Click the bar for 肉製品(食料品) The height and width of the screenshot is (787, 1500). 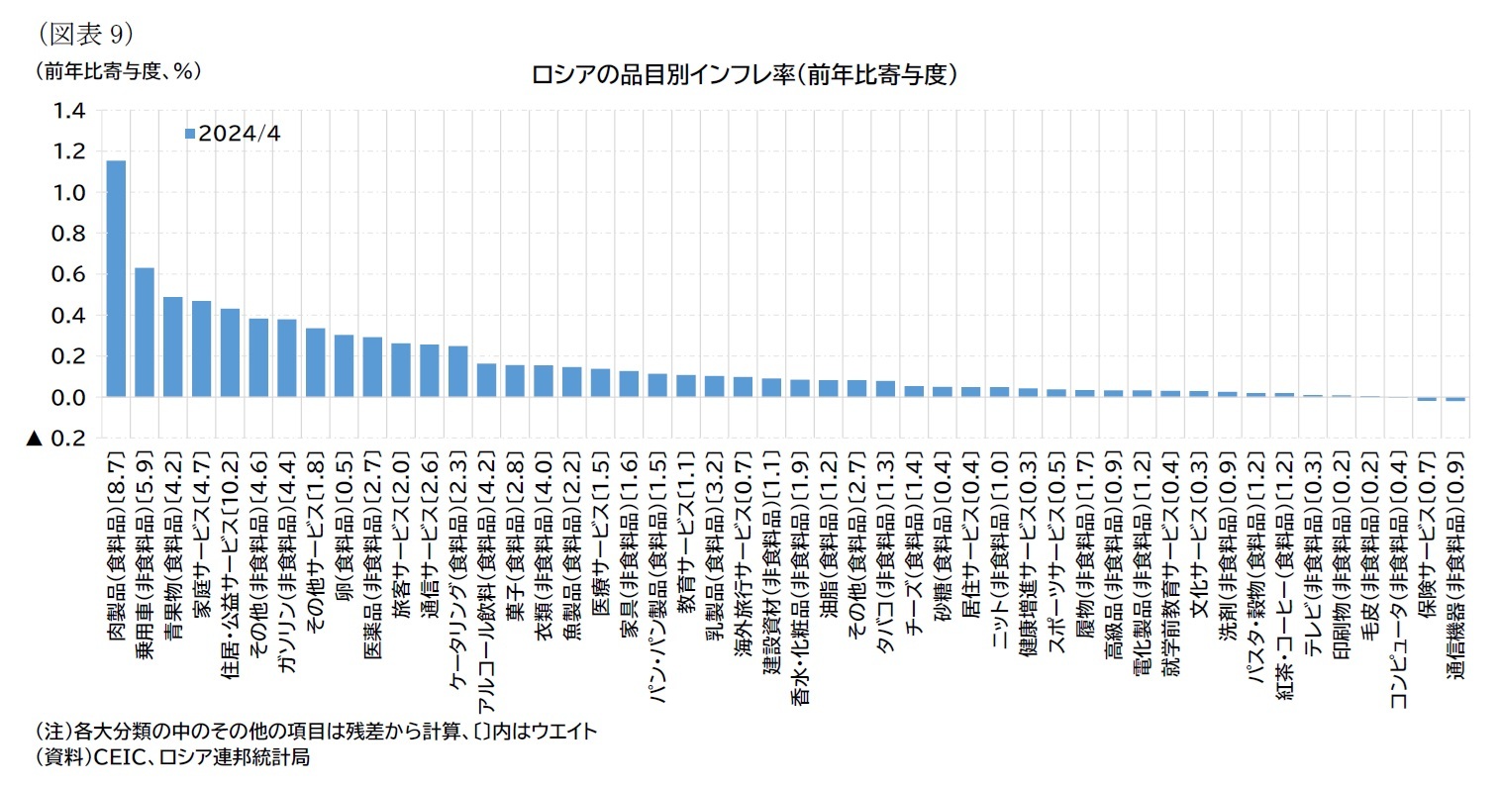pos(116,278)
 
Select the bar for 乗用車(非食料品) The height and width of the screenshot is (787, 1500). pos(145,332)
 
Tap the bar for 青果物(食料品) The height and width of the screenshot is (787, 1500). pos(173,346)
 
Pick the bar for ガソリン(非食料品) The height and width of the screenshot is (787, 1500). pos(287,357)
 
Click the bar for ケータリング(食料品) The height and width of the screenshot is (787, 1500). pos(458,371)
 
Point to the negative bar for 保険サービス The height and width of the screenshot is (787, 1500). pos(1426,399)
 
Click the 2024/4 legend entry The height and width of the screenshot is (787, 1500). pos(234,133)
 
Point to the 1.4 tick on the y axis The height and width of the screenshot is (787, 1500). pos(70,110)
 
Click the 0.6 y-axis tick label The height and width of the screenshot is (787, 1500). pos(70,274)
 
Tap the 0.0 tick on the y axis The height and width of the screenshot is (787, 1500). pos(70,397)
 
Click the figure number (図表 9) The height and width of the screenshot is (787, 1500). pos(85,33)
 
